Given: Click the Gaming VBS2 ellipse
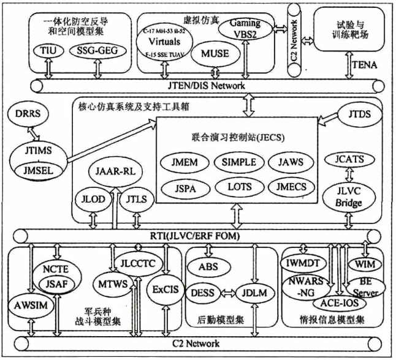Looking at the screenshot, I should click(x=245, y=28).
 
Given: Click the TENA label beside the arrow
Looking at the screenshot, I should click(x=367, y=62).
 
